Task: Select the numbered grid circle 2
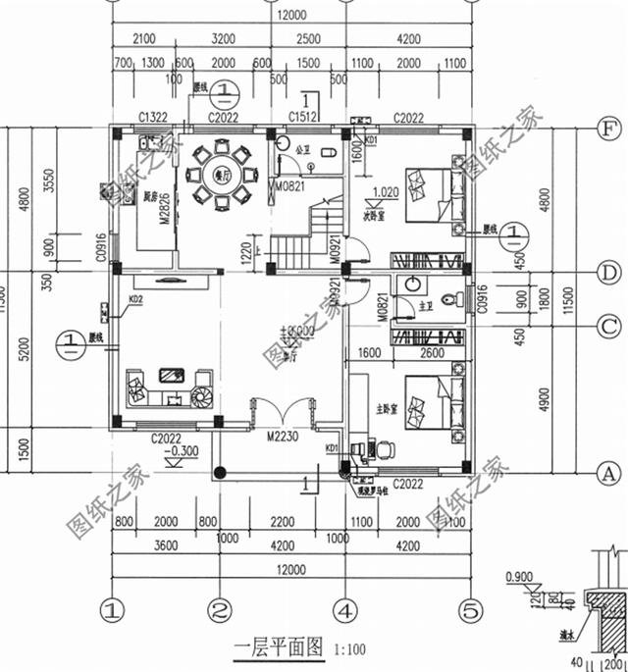219,610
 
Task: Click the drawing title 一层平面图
279,647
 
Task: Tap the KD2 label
135,299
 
